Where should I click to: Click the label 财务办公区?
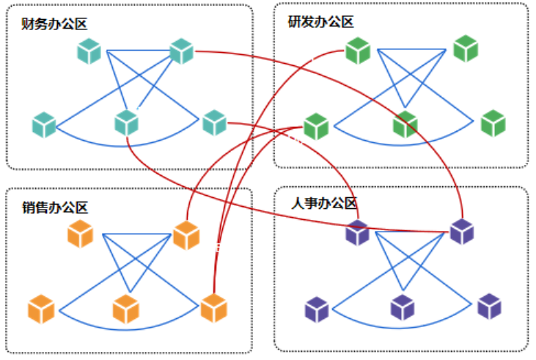click(x=55, y=24)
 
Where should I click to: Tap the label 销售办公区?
click(x=55, y=207)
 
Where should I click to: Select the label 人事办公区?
click(x=323, y=203)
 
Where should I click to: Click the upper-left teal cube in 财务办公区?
click(x=89, y=51)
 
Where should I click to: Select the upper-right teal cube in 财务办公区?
click(x=180, y=51)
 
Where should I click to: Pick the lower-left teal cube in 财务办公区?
click(x=44, y=125)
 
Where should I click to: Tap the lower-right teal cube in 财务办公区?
click(x=213, y=122)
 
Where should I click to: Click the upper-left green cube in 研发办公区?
click(x=358, y=51)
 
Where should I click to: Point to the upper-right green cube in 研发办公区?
click(x=466, y=48)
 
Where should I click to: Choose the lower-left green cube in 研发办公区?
click(x=316, y=126)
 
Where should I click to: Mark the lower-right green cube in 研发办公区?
click(x=493, y=122)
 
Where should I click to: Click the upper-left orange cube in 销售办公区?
click(x=80, y=234)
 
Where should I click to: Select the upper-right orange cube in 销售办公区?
click(x=186, y=235)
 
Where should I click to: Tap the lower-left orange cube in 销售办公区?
click(x=42, y=309)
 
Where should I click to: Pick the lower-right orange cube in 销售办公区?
click(x=213, y=308)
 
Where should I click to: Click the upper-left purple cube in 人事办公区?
click(x=358, y=232)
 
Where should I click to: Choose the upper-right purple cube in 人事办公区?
click(x=462, y=232)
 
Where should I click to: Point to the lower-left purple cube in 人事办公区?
click(x=317, y=309)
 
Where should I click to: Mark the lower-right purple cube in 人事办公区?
click(x=489, y=306)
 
